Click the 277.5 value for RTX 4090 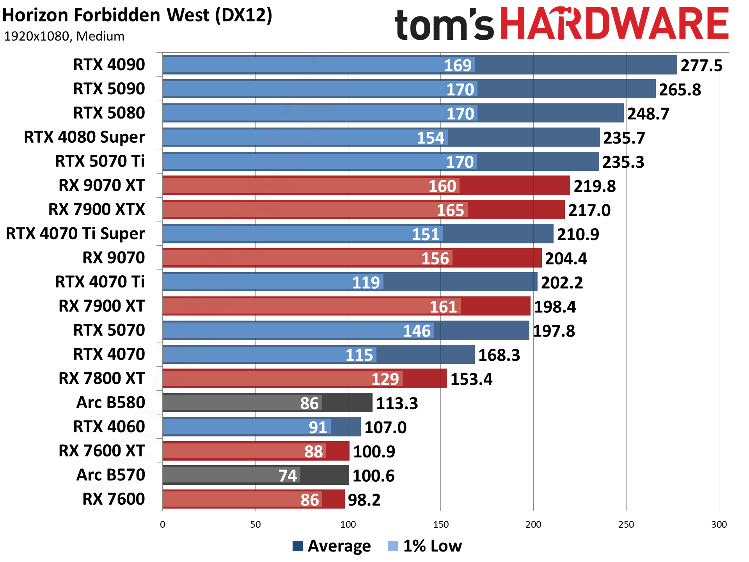click(x=701, y=66)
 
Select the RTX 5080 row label click(x=109, y=113)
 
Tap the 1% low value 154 click(x=430, y=138)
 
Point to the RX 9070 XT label click(x=101, y=185)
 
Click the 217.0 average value click(x=589, y=210)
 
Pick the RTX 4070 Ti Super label click(x=75, y=234)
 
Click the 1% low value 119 click(x=366, y=282)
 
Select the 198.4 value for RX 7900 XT click(x=555, y=307)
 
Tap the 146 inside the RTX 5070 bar click(x=417, y=331)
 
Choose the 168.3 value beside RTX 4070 click(x=499, y=355)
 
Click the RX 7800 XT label click(x=101, y=378)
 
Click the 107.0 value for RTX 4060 click(x=385, y=427)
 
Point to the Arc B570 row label click(x=111, y=475)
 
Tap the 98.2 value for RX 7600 click(x=364, y=500)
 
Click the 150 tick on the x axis click(x=440, y=525)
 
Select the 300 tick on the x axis click(x=719, y=525)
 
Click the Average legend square click(x=298, y=546)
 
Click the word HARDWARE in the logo click(x=614, y=24)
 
